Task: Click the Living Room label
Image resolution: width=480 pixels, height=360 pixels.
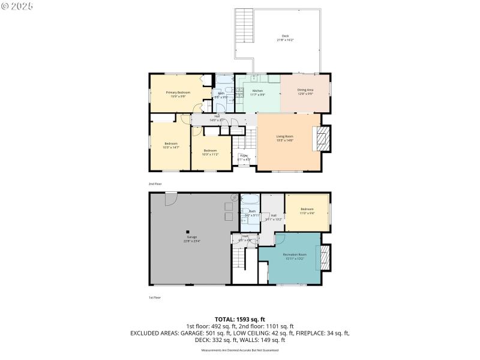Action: tap(284, 138)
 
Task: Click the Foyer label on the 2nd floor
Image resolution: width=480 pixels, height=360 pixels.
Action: tap(244, 157)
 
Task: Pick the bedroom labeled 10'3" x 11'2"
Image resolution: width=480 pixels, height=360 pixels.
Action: tap(210, 152)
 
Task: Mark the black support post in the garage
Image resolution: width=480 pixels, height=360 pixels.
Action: tap(188, 232)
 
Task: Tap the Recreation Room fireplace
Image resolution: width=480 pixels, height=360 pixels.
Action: tap(325, 258)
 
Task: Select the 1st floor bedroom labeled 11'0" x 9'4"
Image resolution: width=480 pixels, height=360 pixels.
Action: tap(307, 211)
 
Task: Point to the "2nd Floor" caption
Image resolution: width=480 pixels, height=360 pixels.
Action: tap(155, 184)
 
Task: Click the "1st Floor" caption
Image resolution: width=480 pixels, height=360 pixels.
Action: tap(155, 297)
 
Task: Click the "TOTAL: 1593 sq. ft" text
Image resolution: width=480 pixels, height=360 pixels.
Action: tap(240, 319)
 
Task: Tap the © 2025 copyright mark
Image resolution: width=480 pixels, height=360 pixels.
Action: tap(17, 5)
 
